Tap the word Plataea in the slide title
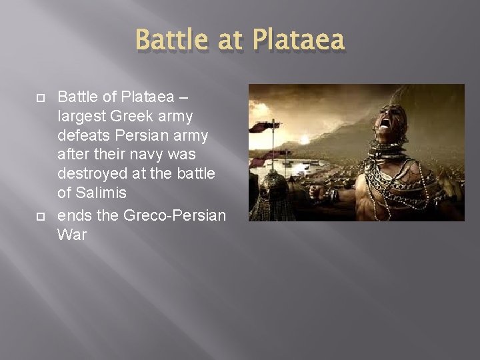[x=300, y=41]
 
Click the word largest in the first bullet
[x=81, y=117]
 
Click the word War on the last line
[x=72, y=235]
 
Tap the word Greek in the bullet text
[x=132, y=117]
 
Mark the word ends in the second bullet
[x=75, y=215]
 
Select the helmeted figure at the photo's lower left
[x=273, y=193]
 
